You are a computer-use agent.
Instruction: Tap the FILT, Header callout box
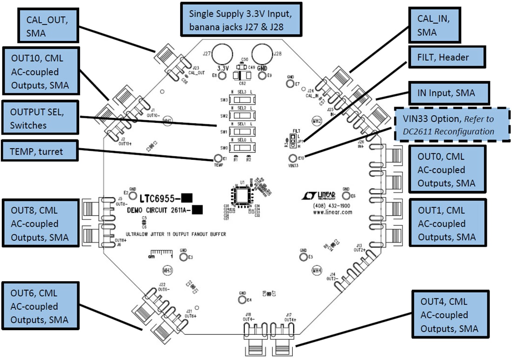point(446,58)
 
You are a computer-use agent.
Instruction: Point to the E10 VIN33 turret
point(293,158)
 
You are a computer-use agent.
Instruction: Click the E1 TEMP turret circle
point(217,159)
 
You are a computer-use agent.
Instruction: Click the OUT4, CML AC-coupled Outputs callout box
point(450,315)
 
